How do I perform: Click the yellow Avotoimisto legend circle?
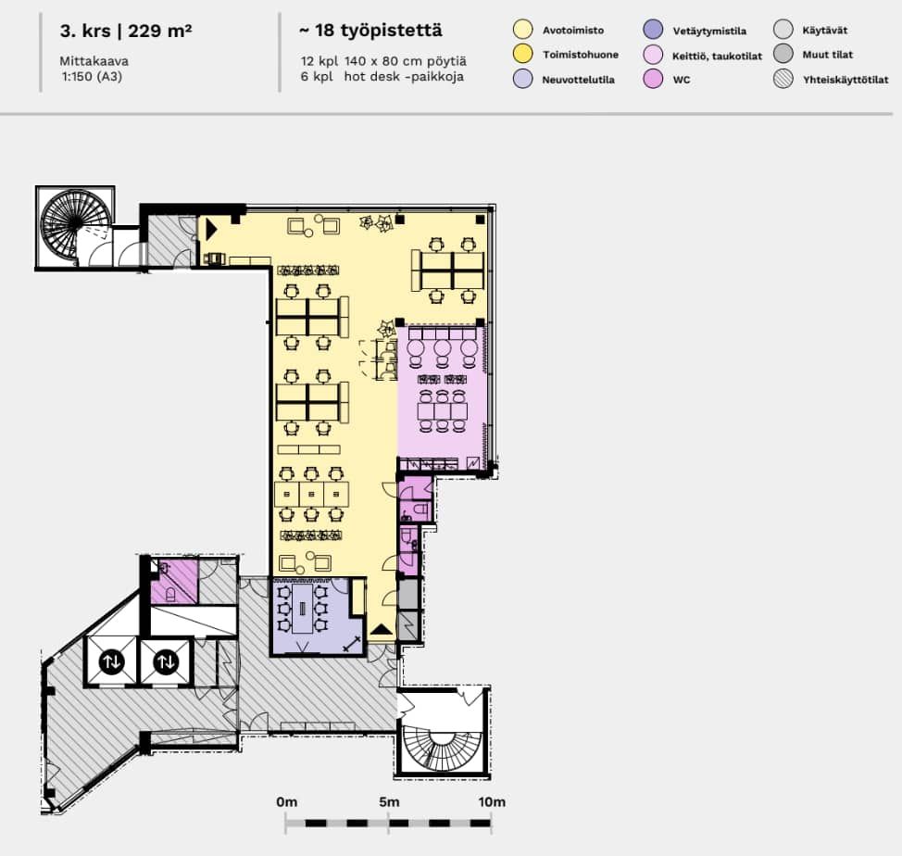pos(522,30)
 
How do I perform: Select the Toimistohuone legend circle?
pos(522,54)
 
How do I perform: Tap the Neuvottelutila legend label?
pos(578,80)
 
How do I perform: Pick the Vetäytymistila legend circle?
pos(653,30)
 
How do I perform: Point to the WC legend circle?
pos(653,79)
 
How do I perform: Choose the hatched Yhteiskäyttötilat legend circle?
pos(783,79)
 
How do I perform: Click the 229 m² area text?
pos(160,31)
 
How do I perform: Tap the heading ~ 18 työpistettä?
pos(370,30)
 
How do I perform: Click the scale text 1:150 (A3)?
pos(92,77)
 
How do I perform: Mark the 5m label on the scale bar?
pos(389,801)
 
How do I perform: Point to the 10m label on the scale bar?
pos(491,801)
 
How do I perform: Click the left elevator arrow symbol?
pos(111,661)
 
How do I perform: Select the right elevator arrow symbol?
pos(167,661)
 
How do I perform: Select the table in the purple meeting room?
pos(303,609)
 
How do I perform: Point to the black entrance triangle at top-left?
pos(211,229)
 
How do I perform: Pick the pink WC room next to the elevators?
pos(174,582)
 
